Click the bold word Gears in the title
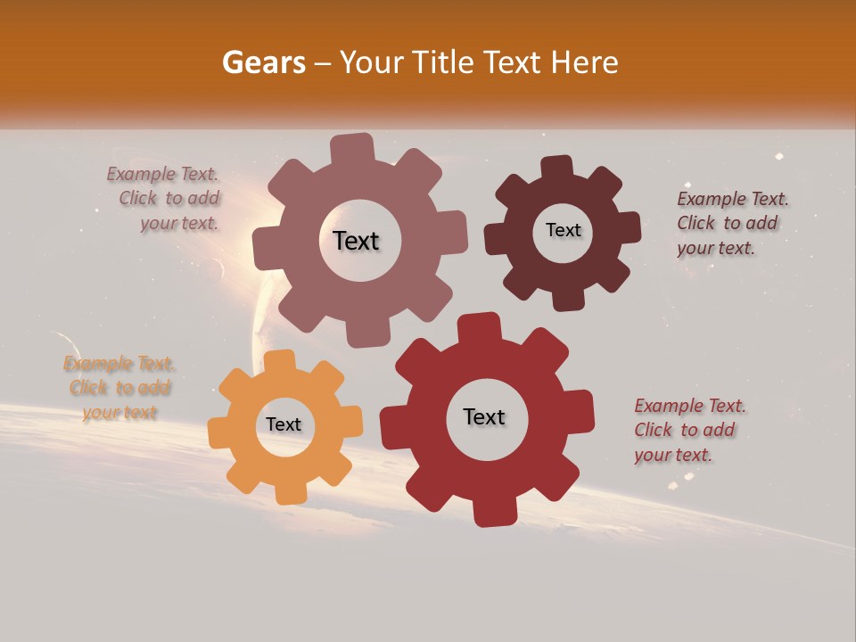pos(263,62)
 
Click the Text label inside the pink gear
pos(356,241)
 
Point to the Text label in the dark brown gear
pos(563,230)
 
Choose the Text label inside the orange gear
pos(284,424)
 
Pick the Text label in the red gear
pos(484,416)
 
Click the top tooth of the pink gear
pos(352,148)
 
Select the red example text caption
pos(689,430)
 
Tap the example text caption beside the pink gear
pos(165,199)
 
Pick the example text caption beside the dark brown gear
pos(731,223)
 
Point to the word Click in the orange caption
pos(88,388)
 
